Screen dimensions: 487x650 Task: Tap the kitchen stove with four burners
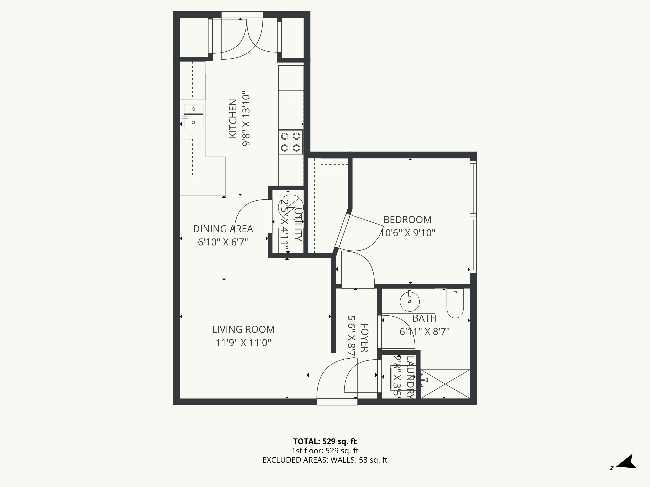pos(290,142)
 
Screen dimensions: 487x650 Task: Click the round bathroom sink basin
pos(410,301)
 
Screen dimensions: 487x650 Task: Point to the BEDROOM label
pos(407,220)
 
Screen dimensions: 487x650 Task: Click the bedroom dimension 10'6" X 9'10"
pos(407,233)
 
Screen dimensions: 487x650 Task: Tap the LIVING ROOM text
pos(243,329)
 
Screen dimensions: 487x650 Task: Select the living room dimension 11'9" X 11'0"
pos(243,343)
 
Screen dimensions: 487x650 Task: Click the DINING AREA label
pos(223,229)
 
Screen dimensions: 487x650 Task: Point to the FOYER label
pos(364,338)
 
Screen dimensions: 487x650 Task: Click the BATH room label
pos(424,318)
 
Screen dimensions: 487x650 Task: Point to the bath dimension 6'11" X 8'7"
pos(424,331)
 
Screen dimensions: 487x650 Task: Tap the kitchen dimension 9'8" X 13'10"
pos(246,120)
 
